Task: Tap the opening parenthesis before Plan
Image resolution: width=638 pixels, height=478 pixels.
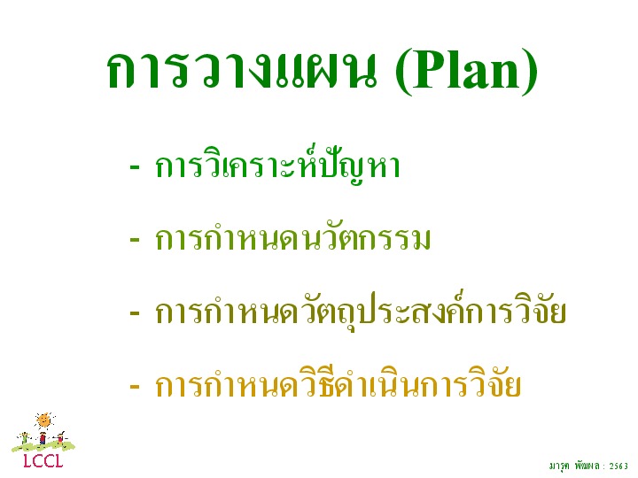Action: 403,73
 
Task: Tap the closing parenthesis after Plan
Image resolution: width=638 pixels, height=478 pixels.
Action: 530,73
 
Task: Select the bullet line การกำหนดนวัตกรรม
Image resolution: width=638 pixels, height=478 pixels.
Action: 292,238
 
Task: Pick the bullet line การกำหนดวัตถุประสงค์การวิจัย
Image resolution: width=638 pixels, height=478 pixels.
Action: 361,312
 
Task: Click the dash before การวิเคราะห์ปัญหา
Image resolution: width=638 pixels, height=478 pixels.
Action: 135,167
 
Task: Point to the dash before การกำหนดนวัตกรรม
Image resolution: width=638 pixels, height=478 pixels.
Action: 135,240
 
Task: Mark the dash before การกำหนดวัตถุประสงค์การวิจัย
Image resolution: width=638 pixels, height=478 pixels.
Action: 135,313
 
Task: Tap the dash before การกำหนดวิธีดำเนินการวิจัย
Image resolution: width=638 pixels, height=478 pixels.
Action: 135,386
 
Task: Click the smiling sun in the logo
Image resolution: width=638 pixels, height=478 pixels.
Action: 44,420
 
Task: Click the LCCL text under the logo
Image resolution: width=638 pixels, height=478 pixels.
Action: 43,461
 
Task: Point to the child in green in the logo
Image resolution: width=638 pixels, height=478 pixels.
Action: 25,438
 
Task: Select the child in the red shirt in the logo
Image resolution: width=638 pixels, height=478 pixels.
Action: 43,438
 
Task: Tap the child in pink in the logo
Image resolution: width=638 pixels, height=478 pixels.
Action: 60,438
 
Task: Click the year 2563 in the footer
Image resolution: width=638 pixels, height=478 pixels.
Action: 619,466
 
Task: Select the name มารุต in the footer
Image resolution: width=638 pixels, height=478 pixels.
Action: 558,466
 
